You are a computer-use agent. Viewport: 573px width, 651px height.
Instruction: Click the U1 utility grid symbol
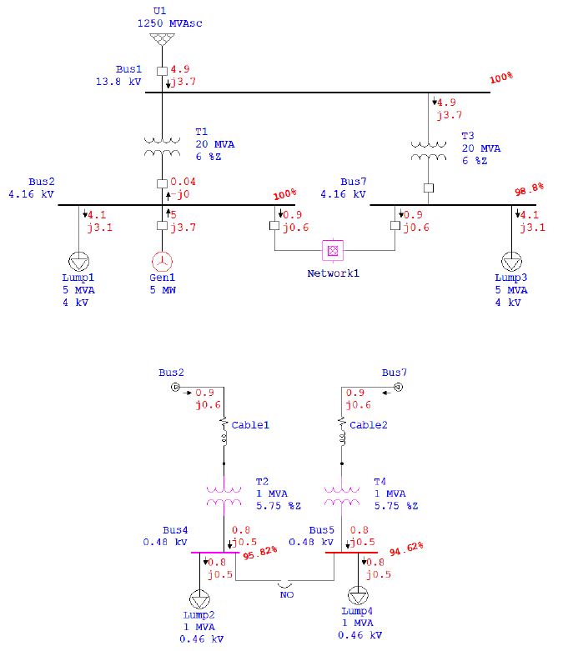pyautogui.click(x=162, y=39)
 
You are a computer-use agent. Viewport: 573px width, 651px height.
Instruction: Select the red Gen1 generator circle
pyautogui.click(x=162, y=262)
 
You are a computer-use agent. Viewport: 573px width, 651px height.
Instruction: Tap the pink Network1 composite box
pyautogui.click(x=333, y=250)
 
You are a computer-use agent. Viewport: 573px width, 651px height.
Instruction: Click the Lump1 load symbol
pyautogui.click(x=78, y=262)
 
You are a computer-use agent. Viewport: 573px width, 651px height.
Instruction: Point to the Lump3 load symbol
pyautogui.click(x=511, y=262)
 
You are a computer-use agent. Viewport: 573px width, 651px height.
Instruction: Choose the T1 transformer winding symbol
pyautogui.click(x=162, y=147)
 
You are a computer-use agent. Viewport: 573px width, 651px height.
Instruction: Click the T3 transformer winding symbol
pyautogui.click(x=429, y=151)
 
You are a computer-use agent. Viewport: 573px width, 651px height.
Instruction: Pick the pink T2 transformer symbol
pyautogui.click(x=224, y=496)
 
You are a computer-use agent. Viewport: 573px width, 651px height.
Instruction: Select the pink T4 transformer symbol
pyautogui.click(x=342, y=496)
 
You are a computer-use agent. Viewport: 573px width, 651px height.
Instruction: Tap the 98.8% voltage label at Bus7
pyautogui.click(x=529, y=189)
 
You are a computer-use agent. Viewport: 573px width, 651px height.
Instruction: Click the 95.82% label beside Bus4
pyautogui.click(x=260, y=553)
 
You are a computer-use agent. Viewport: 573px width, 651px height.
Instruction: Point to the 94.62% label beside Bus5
pyautogui.click(x=406, y=548)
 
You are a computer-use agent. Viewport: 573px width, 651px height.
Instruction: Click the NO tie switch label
pyautogui.click(x=287, y=594)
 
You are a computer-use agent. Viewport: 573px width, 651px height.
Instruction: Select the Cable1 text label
pyautogui.click(x=250, y=425)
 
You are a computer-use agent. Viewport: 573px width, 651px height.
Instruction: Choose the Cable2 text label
pyautogui.click(x=368, y=425)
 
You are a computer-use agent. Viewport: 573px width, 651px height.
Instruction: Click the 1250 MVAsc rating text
pyautogui.click(x=169, y=23)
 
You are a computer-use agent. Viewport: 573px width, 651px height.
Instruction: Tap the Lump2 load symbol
pyautogui.click(x=199, y=599)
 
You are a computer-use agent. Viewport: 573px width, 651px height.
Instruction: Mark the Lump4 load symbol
pyautogui.click(x=358, y=596)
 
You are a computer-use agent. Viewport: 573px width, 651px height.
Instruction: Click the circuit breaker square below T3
pyautogui.click(x=429, y=188)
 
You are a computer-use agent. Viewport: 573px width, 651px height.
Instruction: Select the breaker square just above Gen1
pyautogui.click(x=162, y=225)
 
